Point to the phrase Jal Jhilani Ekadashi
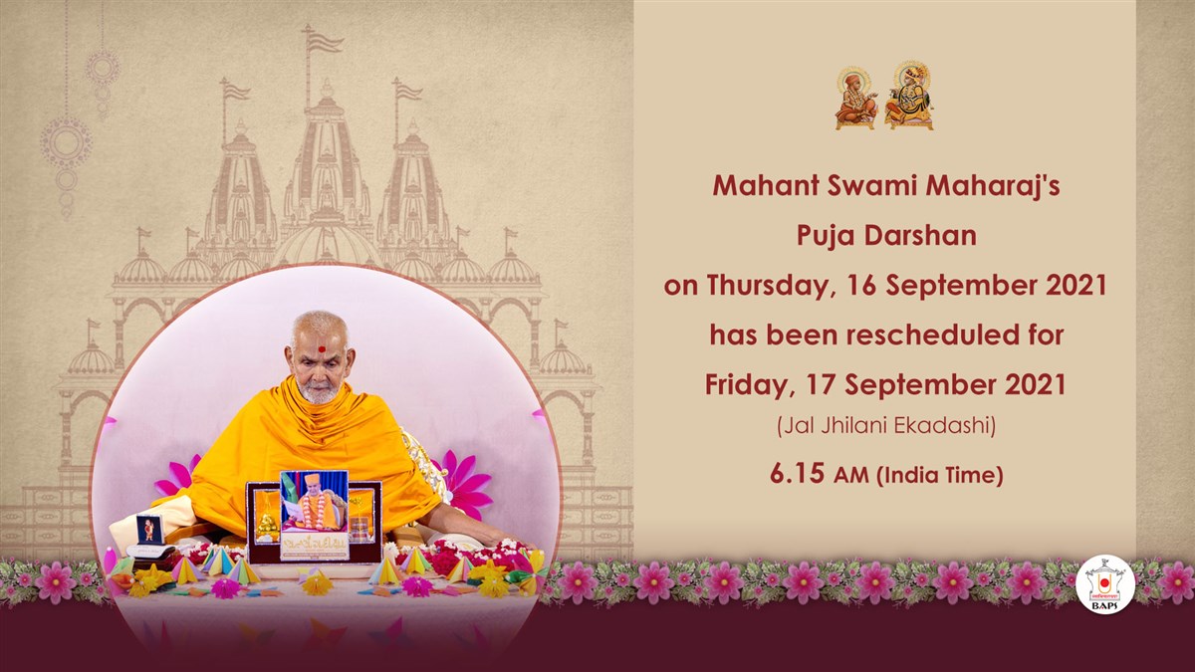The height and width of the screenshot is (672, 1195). (886, 426)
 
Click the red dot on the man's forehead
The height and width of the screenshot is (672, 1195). (321, 349)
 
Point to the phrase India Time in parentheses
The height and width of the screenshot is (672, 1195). (940, 475)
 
